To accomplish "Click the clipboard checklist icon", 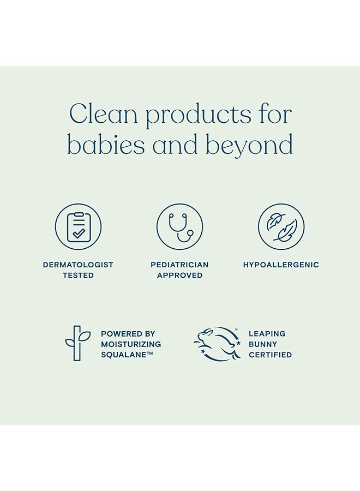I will tap(78, 227).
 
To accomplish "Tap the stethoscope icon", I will tap(179, 227).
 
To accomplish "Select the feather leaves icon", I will tap(281, 227).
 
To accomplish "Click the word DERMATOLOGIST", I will tap(78, 265).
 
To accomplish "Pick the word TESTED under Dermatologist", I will tap(78, 276).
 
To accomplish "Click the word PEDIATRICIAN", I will tap(179, 265).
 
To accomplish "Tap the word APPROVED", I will tap(179, 276).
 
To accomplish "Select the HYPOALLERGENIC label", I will tap(281, 265).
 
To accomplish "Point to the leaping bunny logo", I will tap(217, 344).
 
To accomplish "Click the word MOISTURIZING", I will tap(131, 344).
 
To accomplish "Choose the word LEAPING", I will tap(267, 333).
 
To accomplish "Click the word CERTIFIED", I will tap(270, 355).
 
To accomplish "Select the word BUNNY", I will tap(262, 344).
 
